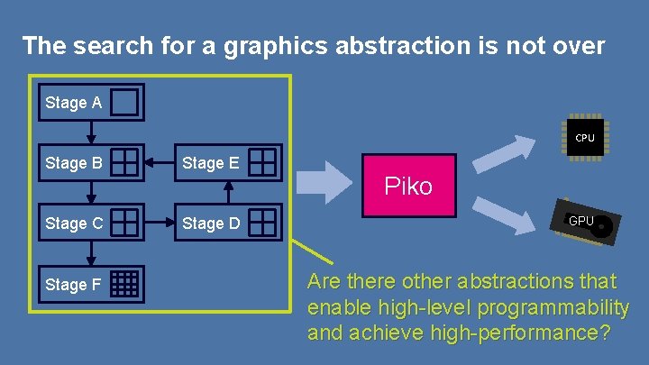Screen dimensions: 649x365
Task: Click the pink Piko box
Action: [x=408, y=186]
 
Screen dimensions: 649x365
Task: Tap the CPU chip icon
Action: [x=585, y=137]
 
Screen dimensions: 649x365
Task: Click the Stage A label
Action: [x=73, y=103]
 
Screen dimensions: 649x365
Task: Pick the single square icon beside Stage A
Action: [x=126, y=103]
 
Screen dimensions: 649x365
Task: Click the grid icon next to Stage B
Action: [x=125, y=162]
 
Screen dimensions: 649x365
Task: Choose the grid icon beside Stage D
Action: [x=262, y=222]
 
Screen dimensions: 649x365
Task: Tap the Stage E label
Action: [x=211, y=163]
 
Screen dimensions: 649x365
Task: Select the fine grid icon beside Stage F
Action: [x=126, y=284]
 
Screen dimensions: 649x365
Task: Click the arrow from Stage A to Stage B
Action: [x=90, y=132]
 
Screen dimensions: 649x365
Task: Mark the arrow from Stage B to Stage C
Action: [x=90, y=193]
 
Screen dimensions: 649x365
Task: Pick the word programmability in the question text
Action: [x=553, y=307]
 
